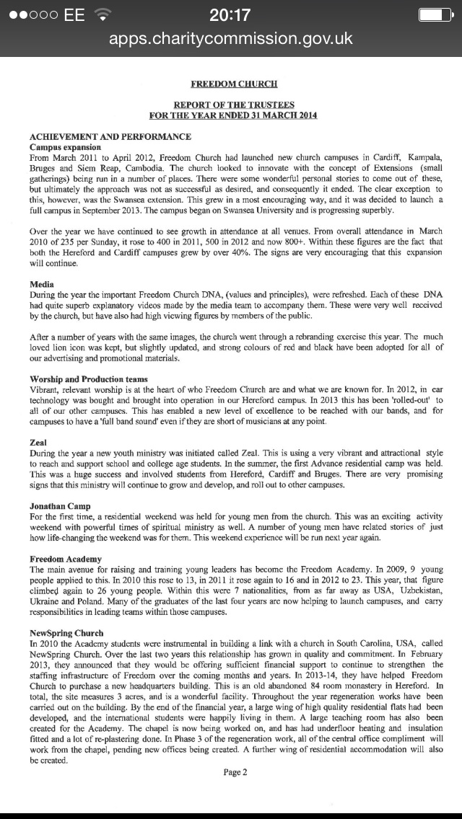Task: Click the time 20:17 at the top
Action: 230,15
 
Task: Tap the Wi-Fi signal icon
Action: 104,15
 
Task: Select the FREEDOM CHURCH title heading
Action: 233,84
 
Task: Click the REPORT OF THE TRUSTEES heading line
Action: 233,105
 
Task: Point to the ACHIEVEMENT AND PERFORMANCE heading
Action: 110,136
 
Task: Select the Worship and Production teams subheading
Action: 89,378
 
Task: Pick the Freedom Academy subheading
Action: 66,559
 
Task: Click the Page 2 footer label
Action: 235,772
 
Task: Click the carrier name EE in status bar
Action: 74,15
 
